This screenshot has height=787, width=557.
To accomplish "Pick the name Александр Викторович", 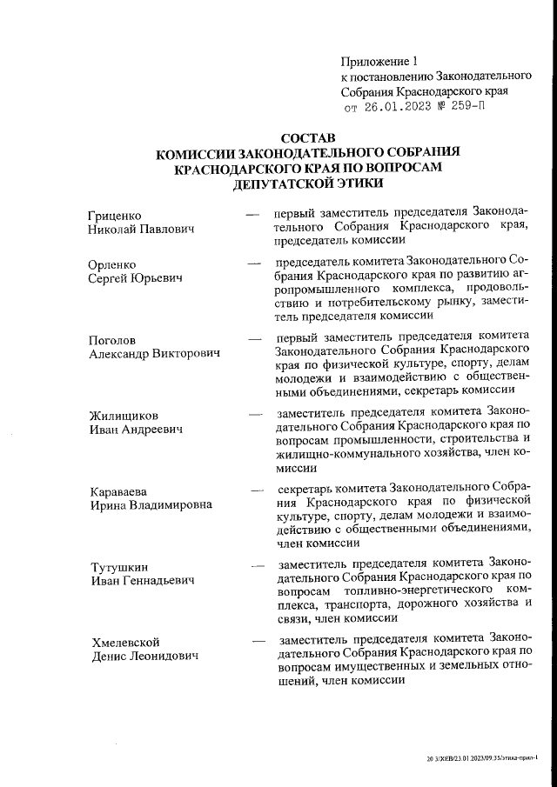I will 155,354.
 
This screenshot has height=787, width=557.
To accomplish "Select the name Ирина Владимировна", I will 151,505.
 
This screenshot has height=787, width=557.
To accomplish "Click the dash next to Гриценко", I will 253,214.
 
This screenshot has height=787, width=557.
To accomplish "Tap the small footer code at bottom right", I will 488,757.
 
